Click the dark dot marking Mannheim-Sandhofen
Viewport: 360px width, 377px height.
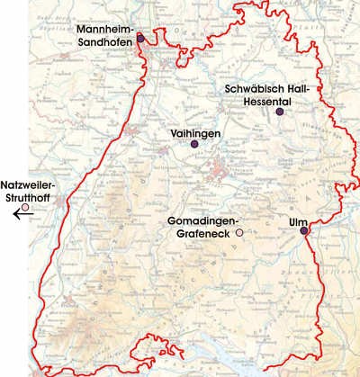click(139, 39)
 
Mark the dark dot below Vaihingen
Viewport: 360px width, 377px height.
click(193, 144)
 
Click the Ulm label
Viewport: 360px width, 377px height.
click(299, 219)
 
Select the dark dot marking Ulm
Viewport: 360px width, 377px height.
click(303, 230)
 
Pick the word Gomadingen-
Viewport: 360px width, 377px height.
click(202, 220)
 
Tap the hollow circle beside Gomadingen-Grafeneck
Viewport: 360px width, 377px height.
click(238, 233)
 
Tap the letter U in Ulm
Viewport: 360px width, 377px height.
click(292, 219)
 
